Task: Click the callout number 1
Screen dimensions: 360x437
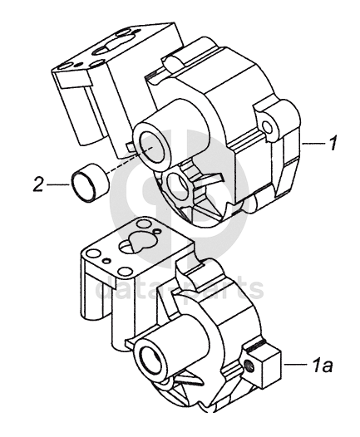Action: point(332,143)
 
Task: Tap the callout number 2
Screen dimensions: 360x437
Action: point(38,184)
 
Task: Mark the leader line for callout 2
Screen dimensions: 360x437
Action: point(58,184)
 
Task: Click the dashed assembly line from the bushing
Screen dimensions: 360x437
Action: point(129,160)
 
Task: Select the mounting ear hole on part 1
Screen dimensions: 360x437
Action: point(268,127)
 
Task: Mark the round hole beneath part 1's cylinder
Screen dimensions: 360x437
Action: point(177,185)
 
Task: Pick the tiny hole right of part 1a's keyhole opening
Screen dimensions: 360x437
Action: point(158,231)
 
